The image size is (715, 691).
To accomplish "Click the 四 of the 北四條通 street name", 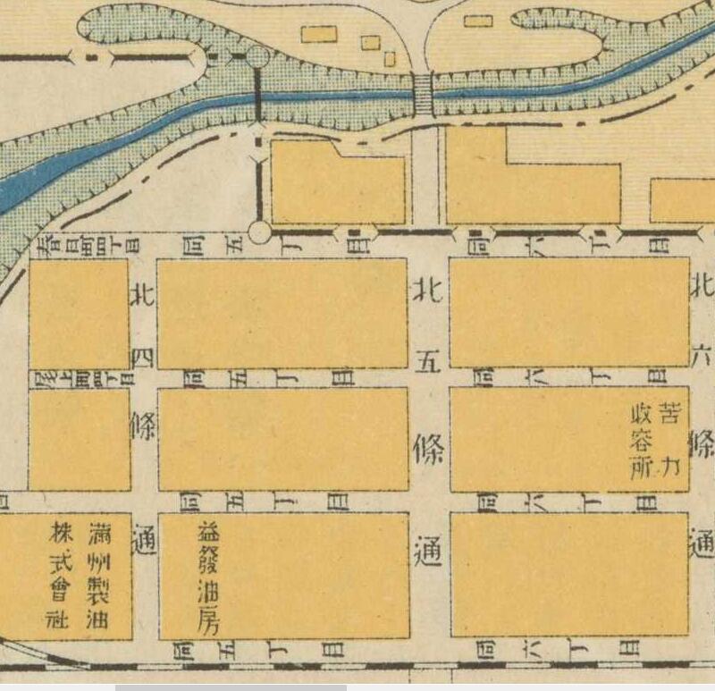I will coord(143,358).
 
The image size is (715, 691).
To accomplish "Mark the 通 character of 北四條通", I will coord(143,539).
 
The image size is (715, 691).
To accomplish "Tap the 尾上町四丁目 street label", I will coord(85,378).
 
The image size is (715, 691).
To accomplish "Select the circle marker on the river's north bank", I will coord(257,58).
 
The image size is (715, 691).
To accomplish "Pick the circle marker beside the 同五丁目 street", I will coord(259,232).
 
